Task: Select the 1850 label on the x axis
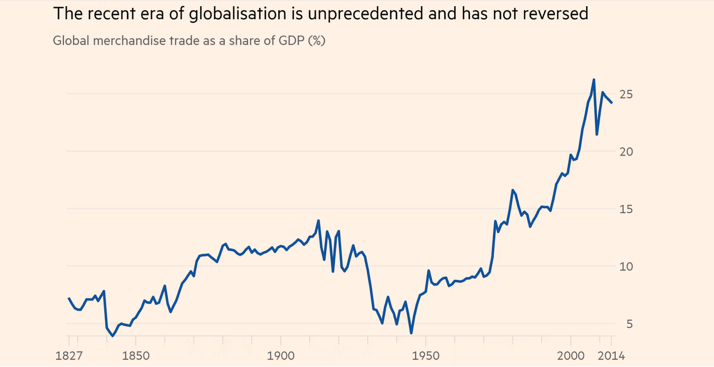click(x=136, y=356)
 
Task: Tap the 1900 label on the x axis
click(x=280, y=356)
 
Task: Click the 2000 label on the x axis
click(x=570, y=356)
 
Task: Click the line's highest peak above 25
click(x=593, y=80)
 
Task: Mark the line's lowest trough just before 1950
click(x=411, y=333)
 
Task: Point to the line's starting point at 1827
click(x=69, y=298)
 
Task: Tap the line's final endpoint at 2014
click(x=612, y=103)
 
